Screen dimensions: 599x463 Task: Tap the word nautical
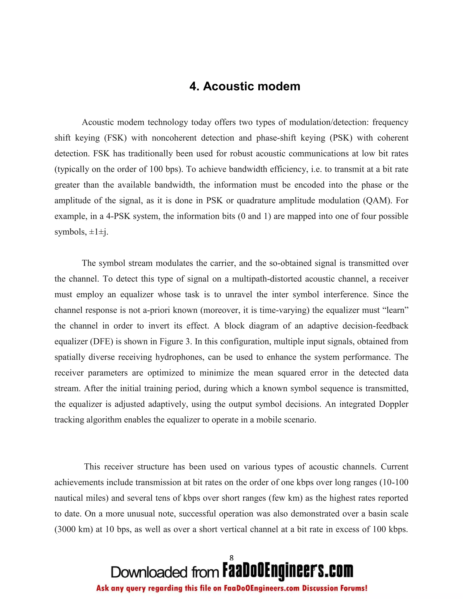(x=67, y=498)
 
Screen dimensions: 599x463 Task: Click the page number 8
(x=231, y=558)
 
